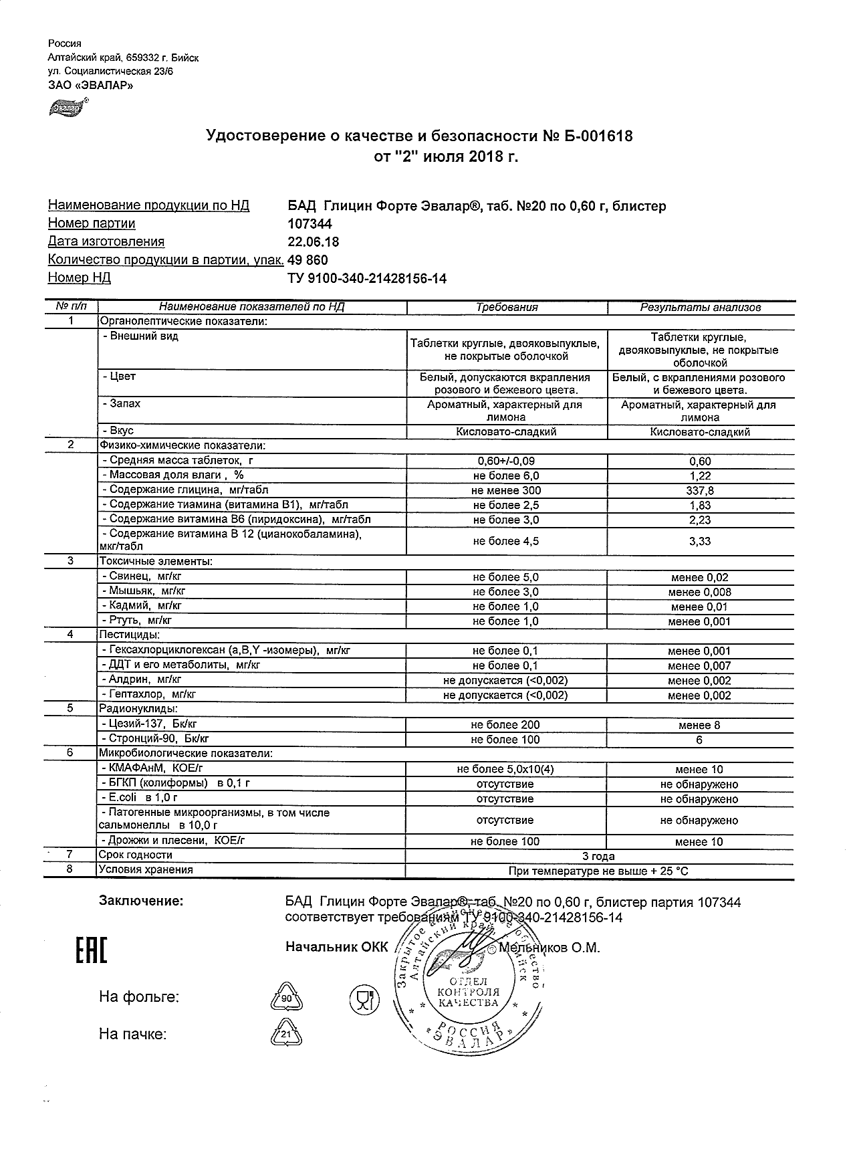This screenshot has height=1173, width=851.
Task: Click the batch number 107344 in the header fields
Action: coord(310,224)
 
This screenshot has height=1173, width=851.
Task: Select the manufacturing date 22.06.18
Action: coord(313,242)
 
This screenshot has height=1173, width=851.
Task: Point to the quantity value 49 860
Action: coord(308,260)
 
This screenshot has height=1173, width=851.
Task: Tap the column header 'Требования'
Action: coord(507,308)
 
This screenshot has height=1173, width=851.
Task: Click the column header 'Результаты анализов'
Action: coord(700,308)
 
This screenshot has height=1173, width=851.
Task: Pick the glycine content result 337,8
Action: coord(700,491)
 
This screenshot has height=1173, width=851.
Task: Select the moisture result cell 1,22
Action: coord(700,476)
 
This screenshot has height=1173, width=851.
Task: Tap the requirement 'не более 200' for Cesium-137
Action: coord(505,725)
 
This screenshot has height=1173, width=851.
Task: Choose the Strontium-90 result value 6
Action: coord(699,740)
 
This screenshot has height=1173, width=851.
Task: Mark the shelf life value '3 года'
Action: coord(599,856)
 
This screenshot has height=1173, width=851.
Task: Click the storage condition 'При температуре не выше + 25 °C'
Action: coord(599,871)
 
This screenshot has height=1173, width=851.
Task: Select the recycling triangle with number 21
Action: coord(286,1035)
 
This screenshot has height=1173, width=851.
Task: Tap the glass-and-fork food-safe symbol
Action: coord(364,1000)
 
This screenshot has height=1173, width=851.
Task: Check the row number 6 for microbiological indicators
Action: coord(70,753)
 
